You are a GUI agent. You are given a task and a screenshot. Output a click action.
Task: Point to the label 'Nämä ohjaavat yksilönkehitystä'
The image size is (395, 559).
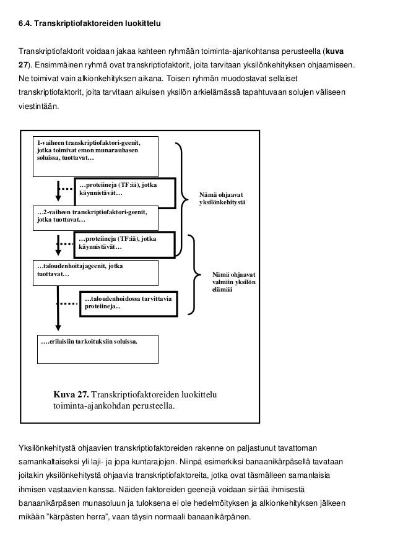(x=222, y=198)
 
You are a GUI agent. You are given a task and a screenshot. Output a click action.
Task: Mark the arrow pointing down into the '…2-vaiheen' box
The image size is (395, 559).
(x=58, y=192)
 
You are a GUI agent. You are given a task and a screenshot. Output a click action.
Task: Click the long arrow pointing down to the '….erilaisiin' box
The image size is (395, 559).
(x=58, y=310)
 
